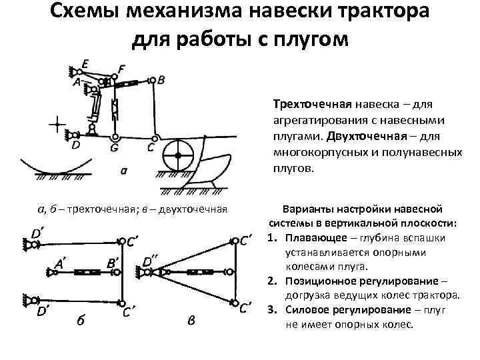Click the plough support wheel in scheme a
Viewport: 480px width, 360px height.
pos(178,156)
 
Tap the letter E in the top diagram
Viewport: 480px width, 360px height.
pos(84,64)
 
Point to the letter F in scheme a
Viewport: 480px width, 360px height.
pos(121,69)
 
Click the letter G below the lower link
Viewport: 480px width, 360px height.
pos(115,147)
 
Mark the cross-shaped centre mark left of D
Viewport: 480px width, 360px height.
pos(57,124)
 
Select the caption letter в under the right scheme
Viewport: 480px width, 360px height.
pos(191,321)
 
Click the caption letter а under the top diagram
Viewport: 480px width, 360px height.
pos(123,171)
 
